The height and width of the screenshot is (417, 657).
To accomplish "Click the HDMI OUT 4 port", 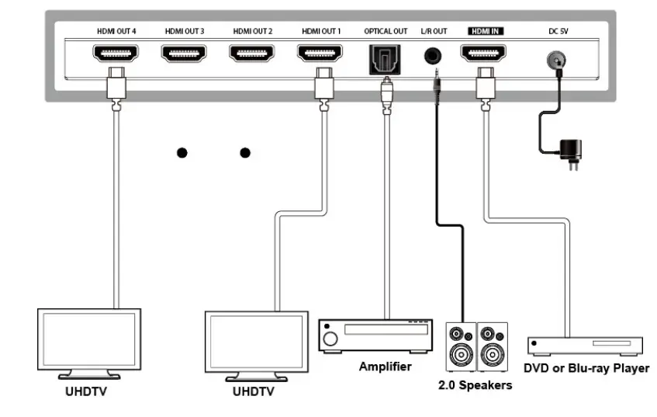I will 116,54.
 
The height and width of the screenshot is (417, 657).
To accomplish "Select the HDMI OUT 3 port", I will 184,54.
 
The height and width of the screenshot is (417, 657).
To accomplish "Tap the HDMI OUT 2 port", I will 252,54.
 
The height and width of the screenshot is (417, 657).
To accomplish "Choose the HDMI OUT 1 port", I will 320,54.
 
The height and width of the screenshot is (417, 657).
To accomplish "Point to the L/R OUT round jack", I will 434,57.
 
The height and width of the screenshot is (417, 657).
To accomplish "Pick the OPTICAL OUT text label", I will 385,31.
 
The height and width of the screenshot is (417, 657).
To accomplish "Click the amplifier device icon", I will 375,333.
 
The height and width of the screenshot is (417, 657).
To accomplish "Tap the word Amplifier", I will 385,367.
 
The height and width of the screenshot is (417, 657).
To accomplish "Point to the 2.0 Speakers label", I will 475,385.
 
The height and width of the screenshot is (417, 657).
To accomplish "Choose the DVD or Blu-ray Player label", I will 586,368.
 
